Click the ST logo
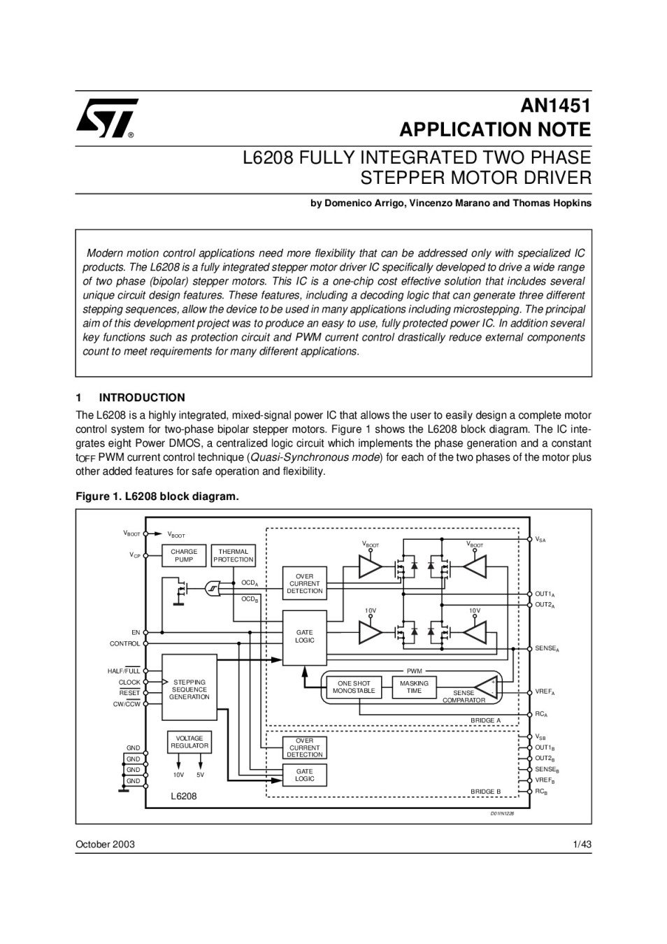pos(106,117)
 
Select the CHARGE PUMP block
pos(184,555)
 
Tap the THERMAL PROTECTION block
pos(233,555)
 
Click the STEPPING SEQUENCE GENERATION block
pos(189,689)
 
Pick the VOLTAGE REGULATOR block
pos(189,742)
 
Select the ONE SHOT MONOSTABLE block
pos(354,687)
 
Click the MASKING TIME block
pos(414,687)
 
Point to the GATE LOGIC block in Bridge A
pos(305,636)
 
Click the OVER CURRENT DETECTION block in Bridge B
pos(305,748)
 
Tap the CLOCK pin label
pos(129,682)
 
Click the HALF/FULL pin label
pos(124,671)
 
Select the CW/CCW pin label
pos(127,704)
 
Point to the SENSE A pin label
pos(547,649)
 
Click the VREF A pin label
pos(545,692)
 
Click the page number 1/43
pos(582,844)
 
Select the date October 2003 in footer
pos(105,844)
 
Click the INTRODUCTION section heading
pos(142,397)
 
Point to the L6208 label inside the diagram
pos(184,796)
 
